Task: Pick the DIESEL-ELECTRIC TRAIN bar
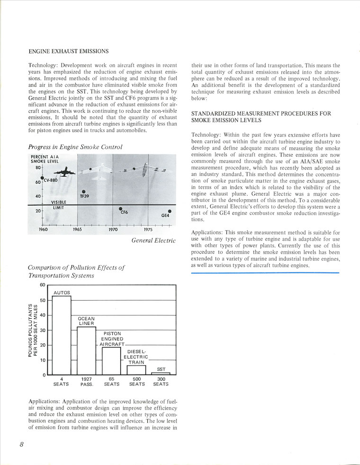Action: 136,370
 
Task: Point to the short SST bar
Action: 161,374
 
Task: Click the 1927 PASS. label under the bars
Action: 86,382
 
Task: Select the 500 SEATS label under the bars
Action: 137,382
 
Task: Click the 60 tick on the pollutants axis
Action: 42,285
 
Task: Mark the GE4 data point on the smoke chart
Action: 170,211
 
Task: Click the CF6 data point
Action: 120,208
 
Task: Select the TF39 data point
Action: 84,191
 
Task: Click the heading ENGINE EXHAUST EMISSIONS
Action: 69,51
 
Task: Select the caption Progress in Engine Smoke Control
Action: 75,147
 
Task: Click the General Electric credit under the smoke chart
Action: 153,241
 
